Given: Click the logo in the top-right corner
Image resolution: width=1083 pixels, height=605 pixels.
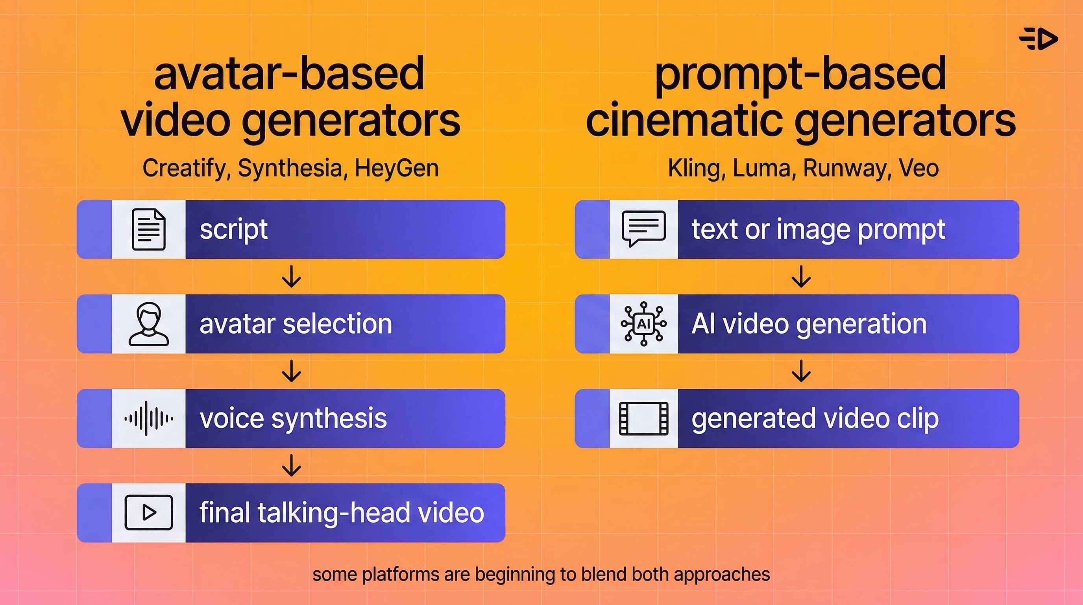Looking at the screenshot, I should tap(1039, 39).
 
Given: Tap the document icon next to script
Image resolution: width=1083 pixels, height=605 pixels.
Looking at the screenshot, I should tap(148, 229).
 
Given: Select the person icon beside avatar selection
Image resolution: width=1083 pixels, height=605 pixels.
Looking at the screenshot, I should tap(148, 324).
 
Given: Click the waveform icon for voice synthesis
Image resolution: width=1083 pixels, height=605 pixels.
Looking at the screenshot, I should tap(148, 418).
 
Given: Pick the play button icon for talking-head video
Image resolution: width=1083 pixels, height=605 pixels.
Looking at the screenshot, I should tap(148, 512).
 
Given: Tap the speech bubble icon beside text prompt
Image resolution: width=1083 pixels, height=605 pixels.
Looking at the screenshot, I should tap(643, 228).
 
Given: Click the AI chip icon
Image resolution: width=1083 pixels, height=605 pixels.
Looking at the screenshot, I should tap(643, 324).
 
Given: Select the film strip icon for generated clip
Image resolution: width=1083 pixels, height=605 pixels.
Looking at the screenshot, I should tap(643, 418).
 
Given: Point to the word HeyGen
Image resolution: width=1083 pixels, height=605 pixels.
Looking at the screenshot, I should tap(396, 168).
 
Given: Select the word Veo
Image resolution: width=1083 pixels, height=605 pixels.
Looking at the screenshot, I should tap(919, 168).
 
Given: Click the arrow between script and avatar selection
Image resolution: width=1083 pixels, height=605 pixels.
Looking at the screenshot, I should tap(291, 277).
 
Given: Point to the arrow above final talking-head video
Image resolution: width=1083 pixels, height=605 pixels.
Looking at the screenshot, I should tap(291, 465).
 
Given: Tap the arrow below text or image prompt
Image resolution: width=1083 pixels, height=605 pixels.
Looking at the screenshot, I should tap(801, 277).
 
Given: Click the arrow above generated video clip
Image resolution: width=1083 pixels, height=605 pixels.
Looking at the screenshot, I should tap(801, 371).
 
